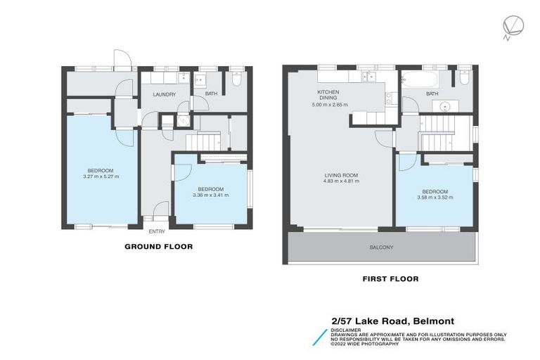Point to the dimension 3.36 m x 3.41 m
tap(210, 195)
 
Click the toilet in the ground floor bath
tap(236, 81)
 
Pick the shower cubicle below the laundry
tap(182, 120)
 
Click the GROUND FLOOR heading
tap(158, 247)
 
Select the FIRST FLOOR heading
tap(390, 279)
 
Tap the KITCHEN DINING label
tap(328, 96)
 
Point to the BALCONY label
tap(382, 247)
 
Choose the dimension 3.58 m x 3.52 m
tap(435, 198)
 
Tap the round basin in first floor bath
tap(445, 107)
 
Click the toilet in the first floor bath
tap(465, 79)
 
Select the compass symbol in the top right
tap(511, 26)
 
